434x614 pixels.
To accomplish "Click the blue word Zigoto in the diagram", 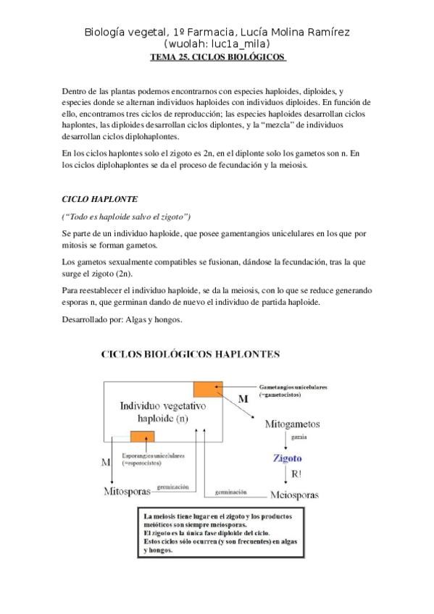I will click(x=287, y=458).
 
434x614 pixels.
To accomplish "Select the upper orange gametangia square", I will click(x=207, y=387).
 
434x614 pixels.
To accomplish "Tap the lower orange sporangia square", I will click(x=141, y=436).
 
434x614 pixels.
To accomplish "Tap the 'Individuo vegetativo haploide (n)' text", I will click(x=152, y=413).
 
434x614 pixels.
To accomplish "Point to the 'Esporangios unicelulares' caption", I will click(x=153, y=459).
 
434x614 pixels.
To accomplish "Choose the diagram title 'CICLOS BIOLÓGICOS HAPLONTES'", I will click(x=190, y=355).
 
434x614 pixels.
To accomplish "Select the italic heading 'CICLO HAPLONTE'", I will click(x=99, y=198).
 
